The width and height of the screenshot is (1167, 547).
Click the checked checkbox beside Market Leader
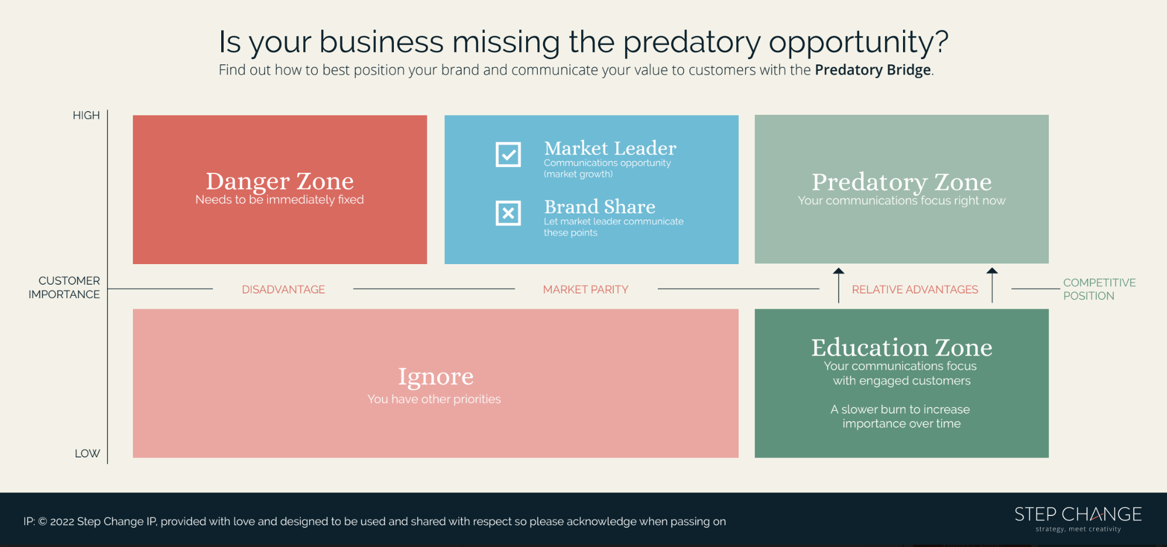508,155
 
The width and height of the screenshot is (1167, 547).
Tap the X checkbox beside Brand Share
508,213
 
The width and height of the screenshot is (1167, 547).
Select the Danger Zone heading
280,181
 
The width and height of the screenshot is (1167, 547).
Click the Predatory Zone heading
901,182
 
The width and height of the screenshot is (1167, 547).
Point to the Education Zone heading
901,347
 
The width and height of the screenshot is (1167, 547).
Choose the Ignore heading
435,376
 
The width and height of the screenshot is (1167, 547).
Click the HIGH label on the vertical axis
86,115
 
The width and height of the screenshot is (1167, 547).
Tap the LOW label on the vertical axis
87,453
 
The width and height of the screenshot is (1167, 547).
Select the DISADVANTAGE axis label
283,289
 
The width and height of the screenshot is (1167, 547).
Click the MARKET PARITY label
585,289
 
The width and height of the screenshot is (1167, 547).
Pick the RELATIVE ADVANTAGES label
915,289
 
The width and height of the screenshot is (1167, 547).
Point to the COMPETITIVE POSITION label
1099,289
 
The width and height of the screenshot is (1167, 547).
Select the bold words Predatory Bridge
873,70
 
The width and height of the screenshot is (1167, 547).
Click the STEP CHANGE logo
1077,518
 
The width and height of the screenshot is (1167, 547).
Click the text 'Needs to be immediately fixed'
280,200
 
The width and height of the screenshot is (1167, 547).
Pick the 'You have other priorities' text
434,399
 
